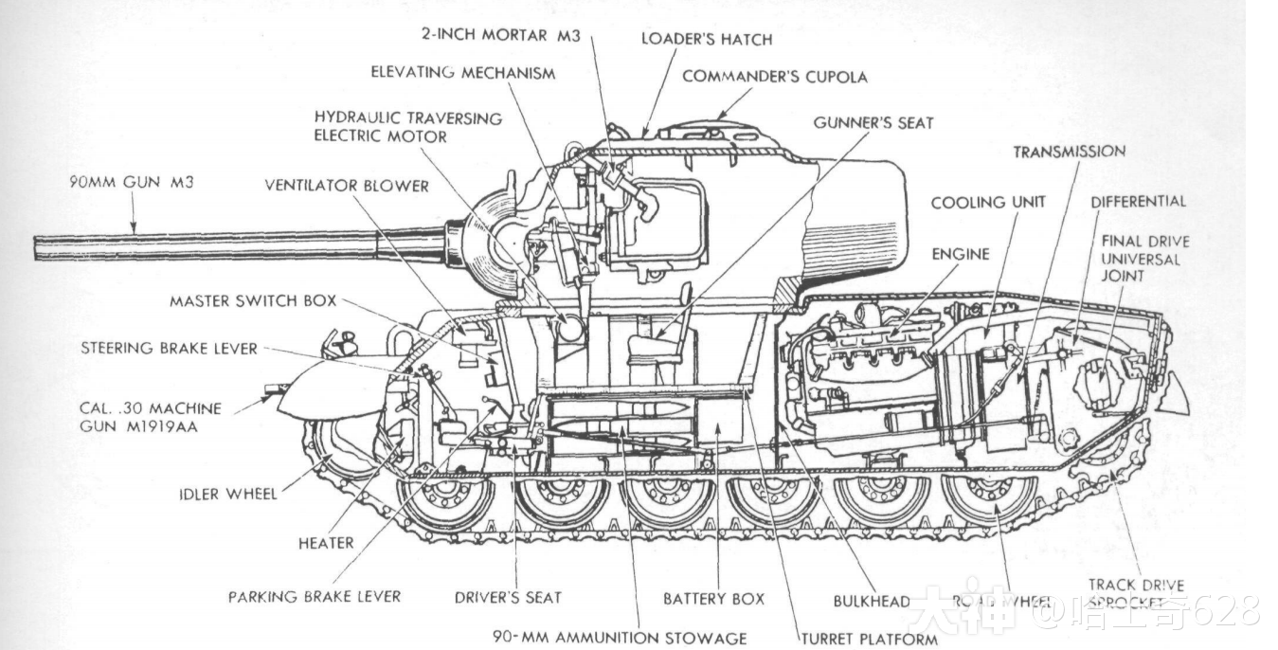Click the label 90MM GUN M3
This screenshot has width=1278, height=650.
tap(131, 182)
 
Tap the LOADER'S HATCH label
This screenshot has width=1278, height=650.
tap(706, 39)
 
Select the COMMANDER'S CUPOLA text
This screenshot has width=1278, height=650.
tap(774, 77)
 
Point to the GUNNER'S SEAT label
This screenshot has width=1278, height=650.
tap(873, 122)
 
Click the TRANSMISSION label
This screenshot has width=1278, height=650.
tap(1069, 152)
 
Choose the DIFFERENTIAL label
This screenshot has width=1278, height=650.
tap(1137, 201)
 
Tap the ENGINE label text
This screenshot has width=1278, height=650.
tap(960, 254)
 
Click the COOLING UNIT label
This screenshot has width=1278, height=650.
tap(987, 203)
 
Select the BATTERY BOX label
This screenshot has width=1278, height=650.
tap(713, 599)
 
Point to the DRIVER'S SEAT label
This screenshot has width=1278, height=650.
tap(508, 598)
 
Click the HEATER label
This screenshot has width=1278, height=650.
tap(326, 543)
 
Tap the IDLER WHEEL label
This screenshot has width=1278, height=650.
tap(228, 494)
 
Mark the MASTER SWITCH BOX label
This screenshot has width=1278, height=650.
tap(253, 301)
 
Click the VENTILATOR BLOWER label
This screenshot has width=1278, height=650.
tap(347, 186)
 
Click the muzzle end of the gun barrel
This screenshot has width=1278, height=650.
tap(38, 247)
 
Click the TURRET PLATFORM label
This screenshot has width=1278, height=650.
tap(869, 639)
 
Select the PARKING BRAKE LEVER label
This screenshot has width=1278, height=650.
tap(314, 597)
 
